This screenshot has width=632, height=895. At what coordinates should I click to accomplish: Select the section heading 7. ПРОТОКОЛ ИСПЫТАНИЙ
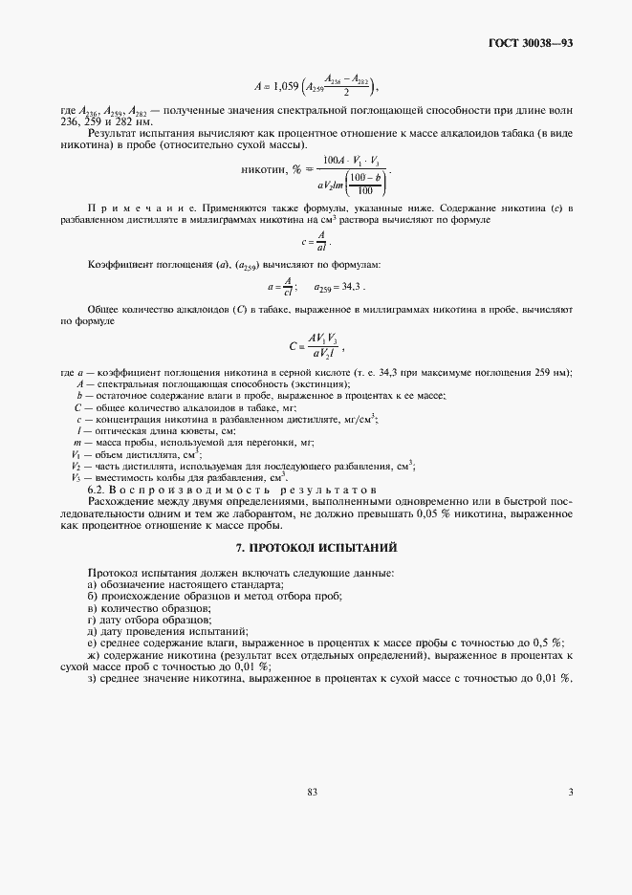click(316, 548)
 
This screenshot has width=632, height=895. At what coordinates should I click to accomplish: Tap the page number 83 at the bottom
click(312, 792)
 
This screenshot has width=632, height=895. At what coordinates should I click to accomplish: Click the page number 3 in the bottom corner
click(570, 792)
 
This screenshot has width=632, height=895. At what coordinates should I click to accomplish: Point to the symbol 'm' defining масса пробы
click(77, 444)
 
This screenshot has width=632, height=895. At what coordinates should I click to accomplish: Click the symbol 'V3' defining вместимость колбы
click(76, 477)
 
